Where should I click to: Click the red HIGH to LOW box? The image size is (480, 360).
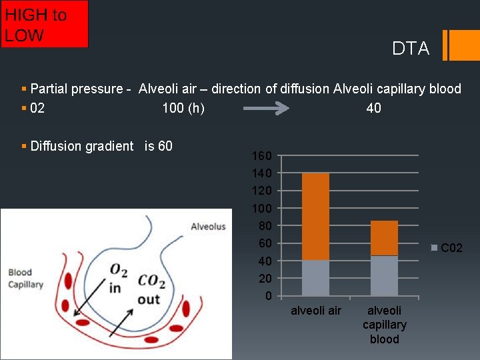44,24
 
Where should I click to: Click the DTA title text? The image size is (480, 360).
411,49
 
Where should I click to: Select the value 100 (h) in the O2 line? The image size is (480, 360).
183,108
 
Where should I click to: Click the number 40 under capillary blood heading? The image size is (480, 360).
374,108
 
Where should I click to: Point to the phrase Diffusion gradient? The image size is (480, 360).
82,146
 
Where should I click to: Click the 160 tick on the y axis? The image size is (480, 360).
261,157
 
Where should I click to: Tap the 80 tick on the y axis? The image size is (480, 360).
265,226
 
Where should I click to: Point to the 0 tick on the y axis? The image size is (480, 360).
268,296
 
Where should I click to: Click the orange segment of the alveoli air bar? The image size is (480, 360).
316,216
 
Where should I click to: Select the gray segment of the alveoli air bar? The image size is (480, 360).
316,278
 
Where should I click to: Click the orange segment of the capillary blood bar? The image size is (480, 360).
384,238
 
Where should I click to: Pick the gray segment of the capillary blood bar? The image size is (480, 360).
384,276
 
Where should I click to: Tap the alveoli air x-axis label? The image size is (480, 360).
316,311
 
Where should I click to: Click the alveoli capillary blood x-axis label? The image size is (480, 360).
384,325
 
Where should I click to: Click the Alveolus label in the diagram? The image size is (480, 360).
208,227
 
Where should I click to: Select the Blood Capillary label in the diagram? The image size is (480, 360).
25,279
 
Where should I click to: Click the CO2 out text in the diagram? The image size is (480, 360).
151,290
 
